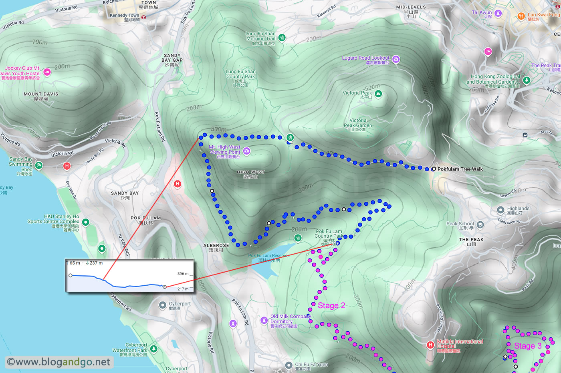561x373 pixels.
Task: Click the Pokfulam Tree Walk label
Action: (x=460, y=169)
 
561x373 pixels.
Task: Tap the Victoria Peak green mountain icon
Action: (x=378, y=94)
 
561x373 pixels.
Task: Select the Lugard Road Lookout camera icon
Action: (x=396, y=59)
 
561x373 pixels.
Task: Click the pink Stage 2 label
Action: (x=331, y=306)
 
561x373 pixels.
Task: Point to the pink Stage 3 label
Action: (x=527, y=346)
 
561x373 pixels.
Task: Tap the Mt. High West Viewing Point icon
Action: (x=246, y=151)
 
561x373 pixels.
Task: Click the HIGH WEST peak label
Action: (x=250, y=174)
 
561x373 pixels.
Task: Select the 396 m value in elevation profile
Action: (x=183, y=274)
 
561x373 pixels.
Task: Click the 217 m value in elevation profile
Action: (x=183, y=289)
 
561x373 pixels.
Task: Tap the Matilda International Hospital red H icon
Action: (x=430, y=345)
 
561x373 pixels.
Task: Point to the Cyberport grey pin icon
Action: (x=162, y=305)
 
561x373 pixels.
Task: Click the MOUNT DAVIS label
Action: (x=41, y=96)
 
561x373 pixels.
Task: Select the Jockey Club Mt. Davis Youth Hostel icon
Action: (x=47, y=72)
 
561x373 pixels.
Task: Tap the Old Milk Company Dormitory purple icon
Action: (x=264, y=320)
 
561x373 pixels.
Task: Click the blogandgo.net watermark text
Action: (x=59, y=362)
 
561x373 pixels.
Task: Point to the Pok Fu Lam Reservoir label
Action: (x=268, y=258)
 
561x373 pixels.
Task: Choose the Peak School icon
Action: (x=480, y=225)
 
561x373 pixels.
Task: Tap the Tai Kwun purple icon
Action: (x=498, y=13)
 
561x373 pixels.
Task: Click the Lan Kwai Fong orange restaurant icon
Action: (x=521, y=16)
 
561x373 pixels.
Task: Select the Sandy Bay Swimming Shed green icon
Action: (x=38, y=165)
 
